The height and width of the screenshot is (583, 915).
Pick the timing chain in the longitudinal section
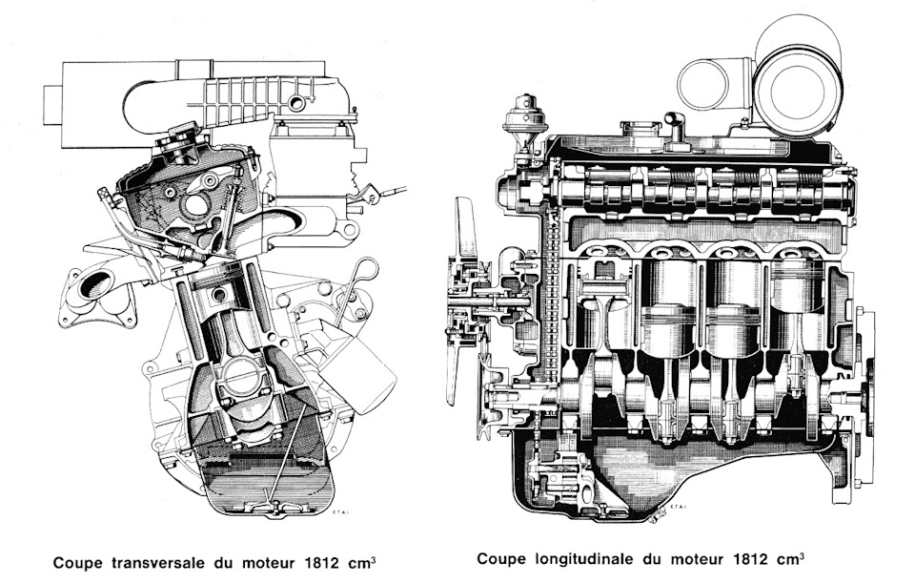[x=548, y=305]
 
